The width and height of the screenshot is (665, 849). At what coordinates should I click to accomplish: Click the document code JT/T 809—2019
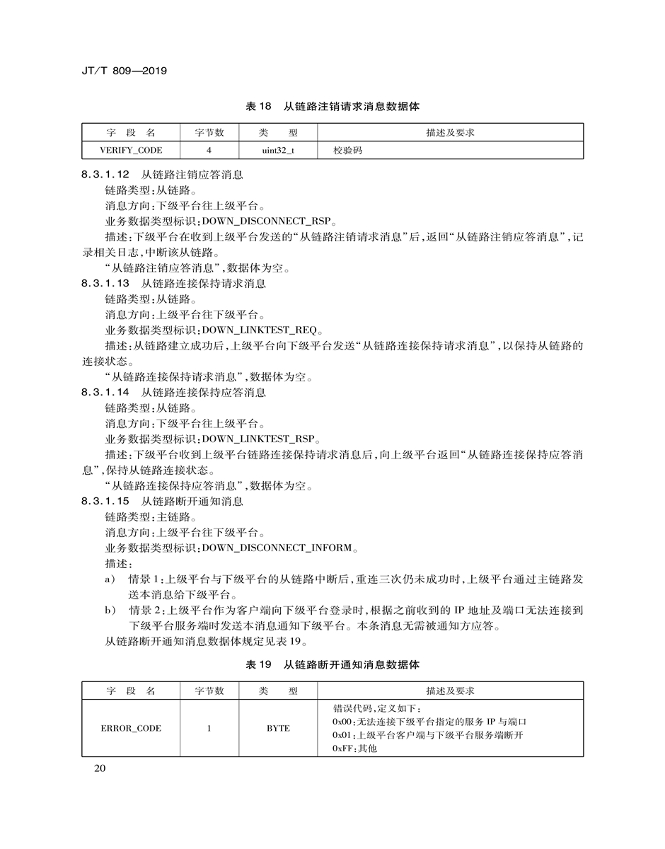124,71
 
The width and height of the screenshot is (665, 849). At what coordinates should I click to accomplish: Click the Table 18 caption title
332,107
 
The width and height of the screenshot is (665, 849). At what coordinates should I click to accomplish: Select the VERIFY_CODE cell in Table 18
131,151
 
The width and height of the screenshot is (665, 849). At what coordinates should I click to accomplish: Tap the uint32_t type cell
278,151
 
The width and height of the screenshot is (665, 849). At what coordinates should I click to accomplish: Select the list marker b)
110,611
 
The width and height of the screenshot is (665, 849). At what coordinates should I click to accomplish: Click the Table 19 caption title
332,665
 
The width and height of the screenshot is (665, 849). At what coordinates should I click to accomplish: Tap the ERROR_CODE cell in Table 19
131,728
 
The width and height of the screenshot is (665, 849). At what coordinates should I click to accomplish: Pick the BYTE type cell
278,728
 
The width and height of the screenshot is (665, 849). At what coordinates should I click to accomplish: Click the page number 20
99,770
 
